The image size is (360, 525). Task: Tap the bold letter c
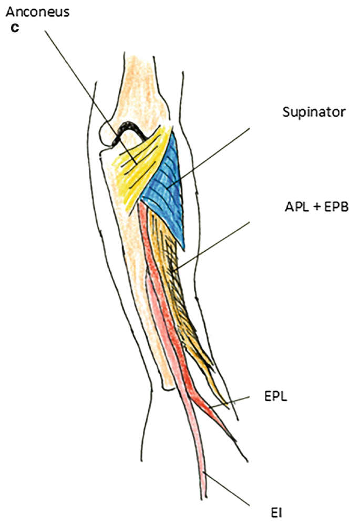[x=15, y=28]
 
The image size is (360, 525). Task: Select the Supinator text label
[x=305, y=112]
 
